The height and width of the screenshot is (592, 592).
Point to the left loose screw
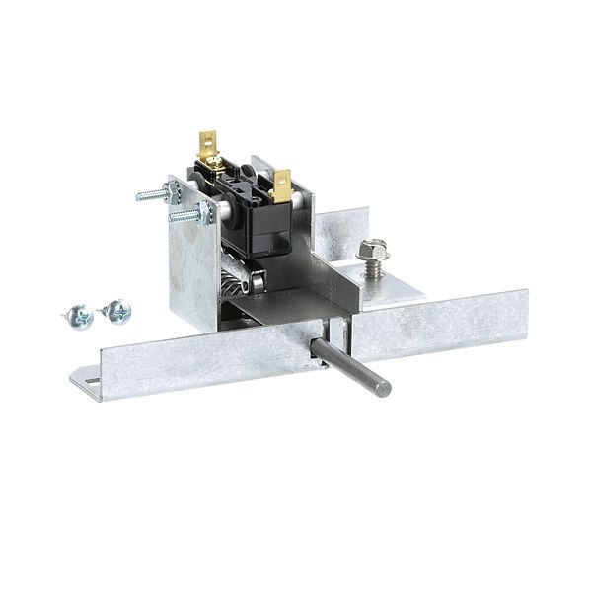[x=80, y=316]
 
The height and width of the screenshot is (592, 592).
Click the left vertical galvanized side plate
[x=192, y=266]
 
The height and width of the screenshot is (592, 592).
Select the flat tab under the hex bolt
[x=395, y=281]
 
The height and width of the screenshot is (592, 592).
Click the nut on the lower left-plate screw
[x=205, y=211]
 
